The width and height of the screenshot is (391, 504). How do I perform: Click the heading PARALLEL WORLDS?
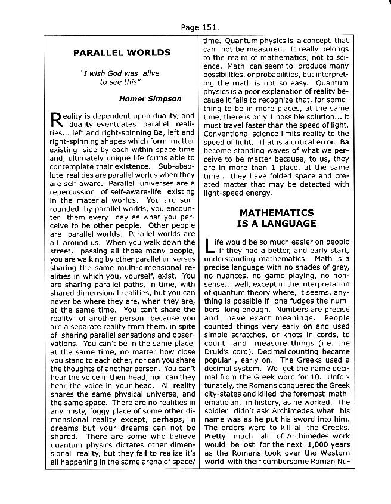coord(122,52)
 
